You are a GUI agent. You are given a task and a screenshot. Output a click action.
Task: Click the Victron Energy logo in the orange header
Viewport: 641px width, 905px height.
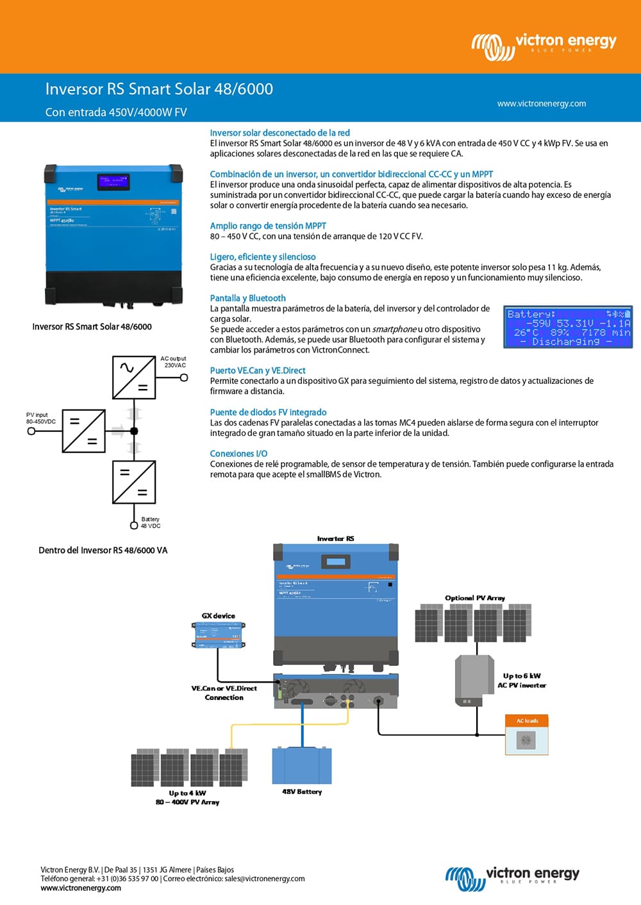coord(544,45)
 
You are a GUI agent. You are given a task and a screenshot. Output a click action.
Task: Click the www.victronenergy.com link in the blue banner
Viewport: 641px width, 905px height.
coord(541,103)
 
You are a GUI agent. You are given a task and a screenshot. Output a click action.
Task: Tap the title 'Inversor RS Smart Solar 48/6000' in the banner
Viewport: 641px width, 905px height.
coord(159,89)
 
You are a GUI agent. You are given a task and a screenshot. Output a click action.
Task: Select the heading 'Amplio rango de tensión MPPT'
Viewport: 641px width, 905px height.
coord(268,226)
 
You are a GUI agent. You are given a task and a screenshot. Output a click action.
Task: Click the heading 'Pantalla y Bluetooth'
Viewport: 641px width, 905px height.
coord(247,298)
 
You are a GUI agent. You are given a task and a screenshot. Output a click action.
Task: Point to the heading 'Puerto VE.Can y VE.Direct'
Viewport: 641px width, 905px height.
coord(258,370)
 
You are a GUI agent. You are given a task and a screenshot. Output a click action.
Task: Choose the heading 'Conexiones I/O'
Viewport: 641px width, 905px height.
coord(238,453)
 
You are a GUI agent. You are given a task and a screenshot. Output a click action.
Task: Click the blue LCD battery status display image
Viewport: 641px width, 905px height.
coord(568,327)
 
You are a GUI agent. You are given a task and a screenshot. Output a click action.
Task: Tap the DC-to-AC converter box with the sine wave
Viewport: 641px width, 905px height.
coord(134,378)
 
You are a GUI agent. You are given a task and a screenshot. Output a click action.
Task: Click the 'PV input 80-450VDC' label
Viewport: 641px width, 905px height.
coord(41,418)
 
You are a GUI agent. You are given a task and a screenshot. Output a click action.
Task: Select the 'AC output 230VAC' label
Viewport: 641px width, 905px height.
coord(173,362)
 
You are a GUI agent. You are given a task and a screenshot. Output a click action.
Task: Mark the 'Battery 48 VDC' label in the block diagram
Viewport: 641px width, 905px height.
coord(151,522)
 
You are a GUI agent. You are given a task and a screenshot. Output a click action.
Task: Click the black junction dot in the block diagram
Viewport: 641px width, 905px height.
coord(134,431)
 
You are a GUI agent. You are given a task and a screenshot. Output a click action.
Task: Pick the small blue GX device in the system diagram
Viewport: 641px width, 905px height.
coord(219,635)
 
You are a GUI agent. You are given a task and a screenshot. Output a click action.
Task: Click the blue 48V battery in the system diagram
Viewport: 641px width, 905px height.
coord(302,766)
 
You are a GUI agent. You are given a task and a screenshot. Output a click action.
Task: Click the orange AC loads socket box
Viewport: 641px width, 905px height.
coord(527,735)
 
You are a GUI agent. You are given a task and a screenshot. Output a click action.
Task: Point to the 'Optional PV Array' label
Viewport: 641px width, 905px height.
coord(475,598)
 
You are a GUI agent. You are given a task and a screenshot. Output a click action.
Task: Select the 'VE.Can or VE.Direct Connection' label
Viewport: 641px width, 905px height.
coord(224,693)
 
